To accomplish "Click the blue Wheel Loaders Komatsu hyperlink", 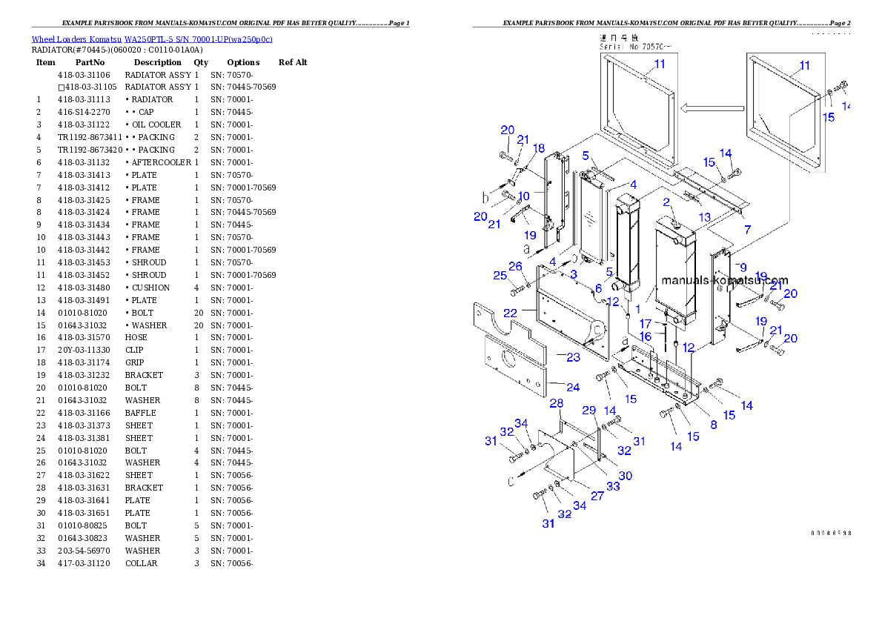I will click(x=152, y=39).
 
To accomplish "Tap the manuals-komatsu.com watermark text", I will click(x=725, y=280).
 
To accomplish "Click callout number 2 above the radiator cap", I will click(x=666, y=202).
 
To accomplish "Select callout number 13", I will click(x=703, y=216).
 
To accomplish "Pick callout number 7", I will click(x=747, y=230).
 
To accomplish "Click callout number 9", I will click(x=743, y=267).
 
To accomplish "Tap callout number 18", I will click(x=538, y=148).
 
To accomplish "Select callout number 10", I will click(x=523, y=196).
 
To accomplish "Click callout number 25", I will click(x=500, y=276).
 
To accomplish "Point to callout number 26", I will click(x=515, y=266).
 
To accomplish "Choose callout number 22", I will click(x=511, y=313).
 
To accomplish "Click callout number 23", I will click(x=573, y=357).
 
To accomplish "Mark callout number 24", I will click(x=573, y=387).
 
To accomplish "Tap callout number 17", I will click(x=646, y=324).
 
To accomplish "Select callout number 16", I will click(x=646, y=336).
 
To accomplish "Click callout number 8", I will click(x=714, y=425).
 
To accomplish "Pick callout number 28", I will click(x=556, y=403).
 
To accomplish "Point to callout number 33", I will click(x=613, y=486).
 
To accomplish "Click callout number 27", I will click(x=597, y=496).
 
